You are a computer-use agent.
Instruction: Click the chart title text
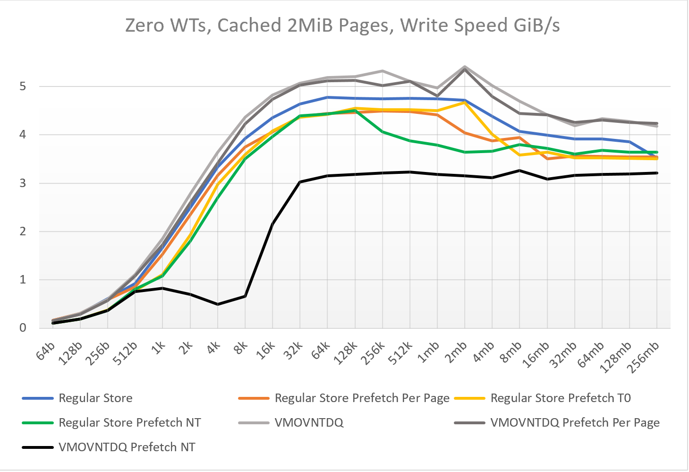coord(342,25)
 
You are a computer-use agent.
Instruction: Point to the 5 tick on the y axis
coord(23,86)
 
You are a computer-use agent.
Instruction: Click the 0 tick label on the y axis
coord(23,328)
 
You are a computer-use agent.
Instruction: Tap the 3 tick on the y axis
coord(23,183)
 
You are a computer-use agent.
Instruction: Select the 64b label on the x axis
coord(46,351)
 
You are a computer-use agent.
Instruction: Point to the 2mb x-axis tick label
coord(457,352)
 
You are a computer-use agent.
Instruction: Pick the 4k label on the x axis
coord(214,349)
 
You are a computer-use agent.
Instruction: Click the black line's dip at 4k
coord(217,304)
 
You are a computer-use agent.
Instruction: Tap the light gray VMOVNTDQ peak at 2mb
coord(465,67)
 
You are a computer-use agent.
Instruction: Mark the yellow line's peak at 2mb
coord(465,103)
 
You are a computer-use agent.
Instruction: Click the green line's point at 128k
coord(355,110)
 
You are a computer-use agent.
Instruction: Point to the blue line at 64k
coord(328,97)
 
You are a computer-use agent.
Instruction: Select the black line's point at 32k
coord(300,182)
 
